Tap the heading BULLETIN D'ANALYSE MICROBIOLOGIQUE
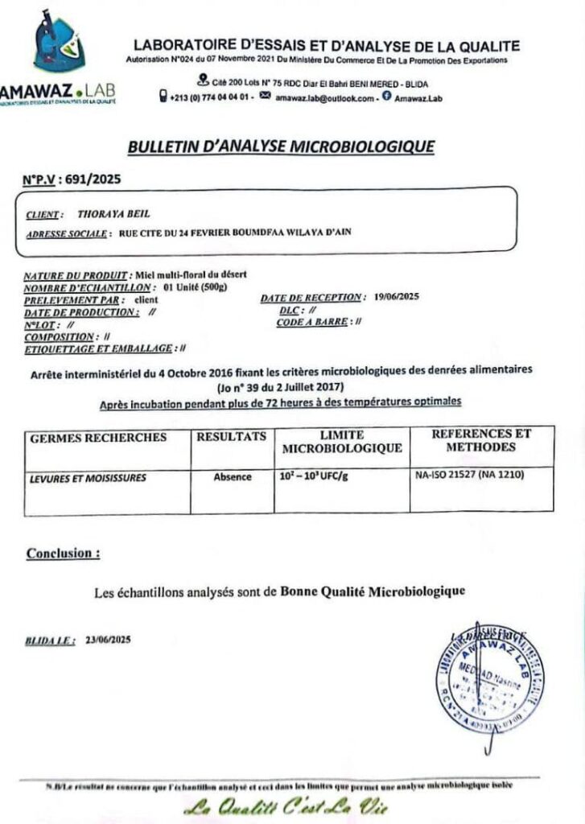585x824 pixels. tap(281, 146)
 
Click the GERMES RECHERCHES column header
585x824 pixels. tap(98, 438)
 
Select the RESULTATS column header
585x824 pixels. tap(232, 437)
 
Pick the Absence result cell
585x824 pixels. tap(232, 477)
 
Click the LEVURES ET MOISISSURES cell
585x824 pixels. tap(89, 478)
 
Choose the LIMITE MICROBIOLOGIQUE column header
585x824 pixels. tap(342, 442)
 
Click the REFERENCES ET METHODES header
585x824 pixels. tap(481, 440)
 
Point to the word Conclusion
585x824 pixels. tap(64, 554)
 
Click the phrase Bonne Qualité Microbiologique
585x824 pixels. tap(373, 592)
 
